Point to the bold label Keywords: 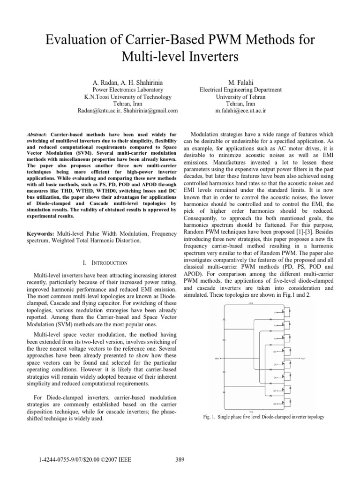[41, 233]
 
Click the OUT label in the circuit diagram [303, 358]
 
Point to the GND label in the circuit [217, 358]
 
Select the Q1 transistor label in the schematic [275, 312]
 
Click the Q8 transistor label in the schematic [275, 403]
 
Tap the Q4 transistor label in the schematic [275, 351]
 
